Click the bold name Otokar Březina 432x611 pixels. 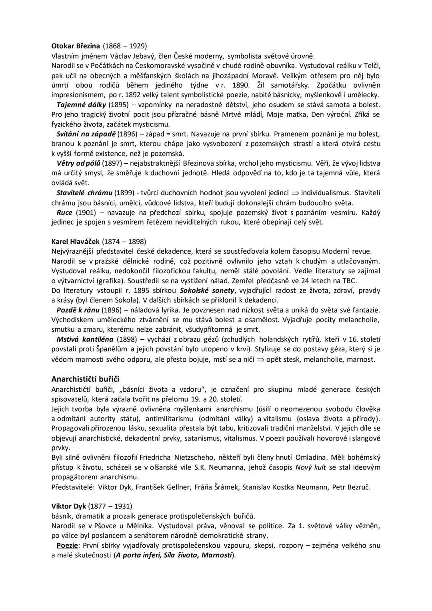[76, 46]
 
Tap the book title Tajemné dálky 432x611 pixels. [81, 105]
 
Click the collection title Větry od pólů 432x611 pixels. [78, 163]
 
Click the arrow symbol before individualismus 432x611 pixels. [295, 193]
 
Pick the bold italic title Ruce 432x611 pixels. [64, 212]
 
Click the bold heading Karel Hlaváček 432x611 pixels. [76, 242]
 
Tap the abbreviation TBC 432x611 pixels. [350, 280]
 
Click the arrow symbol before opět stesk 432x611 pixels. [260, 360]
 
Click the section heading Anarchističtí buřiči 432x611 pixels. [85, 379]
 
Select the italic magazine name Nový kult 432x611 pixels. [310, 467]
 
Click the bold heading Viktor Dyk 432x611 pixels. [69, 506]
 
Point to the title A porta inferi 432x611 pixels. [136, 555]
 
